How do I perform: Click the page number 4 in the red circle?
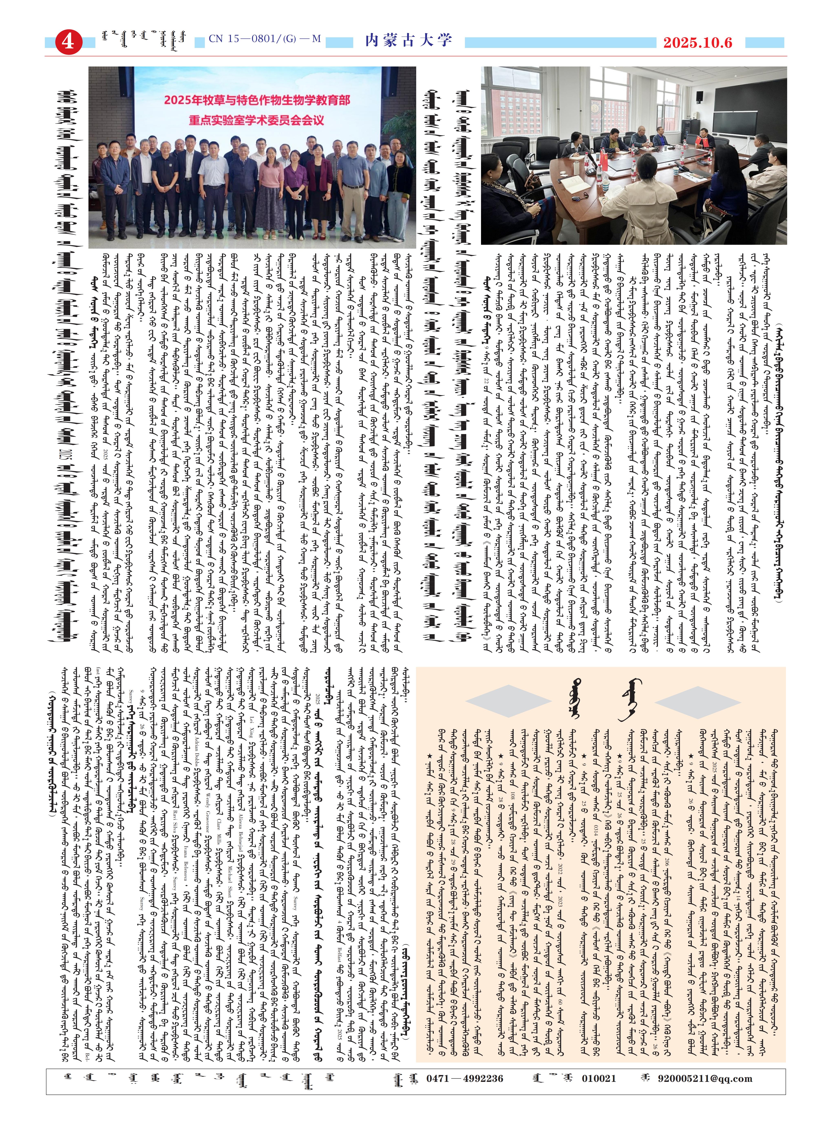(67, 41)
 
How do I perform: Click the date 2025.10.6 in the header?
(697, 43)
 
